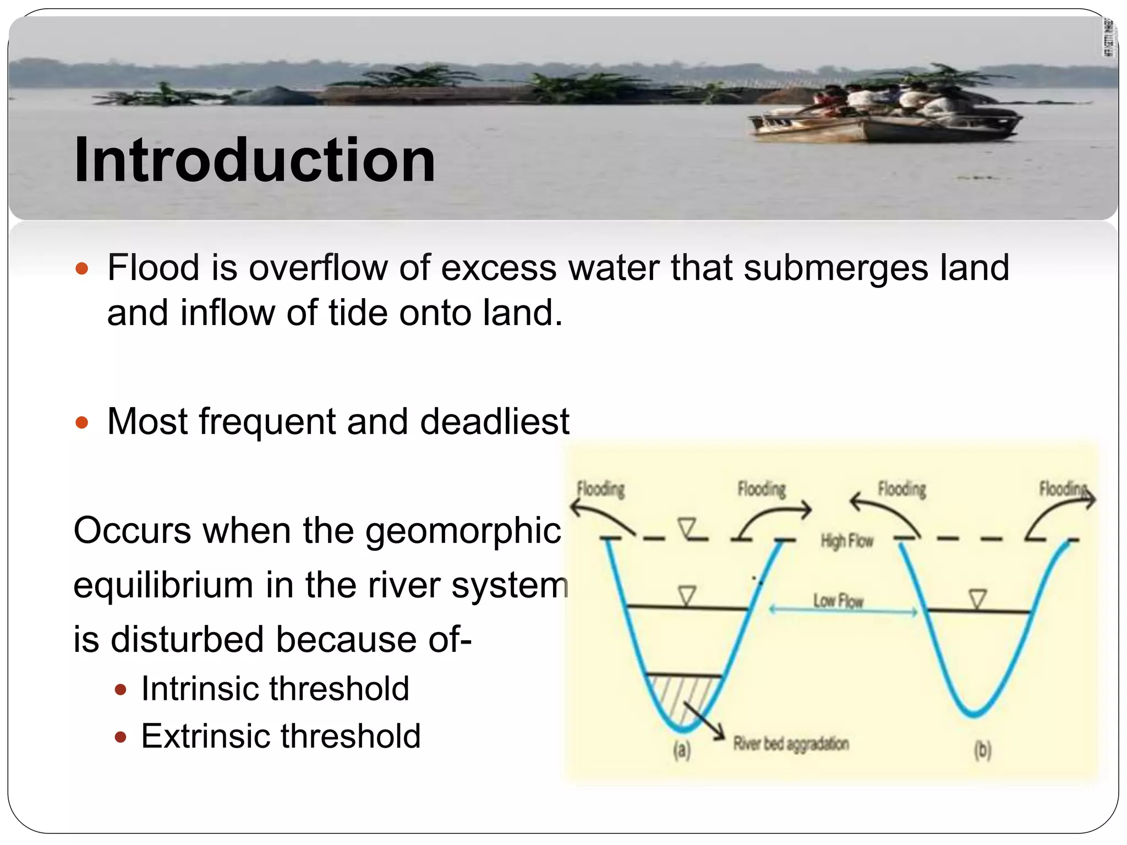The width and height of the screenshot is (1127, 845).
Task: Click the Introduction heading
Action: (x=254, y=160)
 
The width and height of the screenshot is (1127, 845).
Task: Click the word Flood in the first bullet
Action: (x=153, y=268)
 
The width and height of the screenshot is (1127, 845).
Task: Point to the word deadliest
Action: (x=494, y=422)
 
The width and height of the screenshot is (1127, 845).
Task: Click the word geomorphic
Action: (x=463, y=531)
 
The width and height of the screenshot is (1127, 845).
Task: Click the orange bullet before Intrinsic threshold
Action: (x=121, y=690)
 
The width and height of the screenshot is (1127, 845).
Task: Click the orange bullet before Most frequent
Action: (x=82, y=422)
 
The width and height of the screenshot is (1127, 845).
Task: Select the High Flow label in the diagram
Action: (x=846, y=541)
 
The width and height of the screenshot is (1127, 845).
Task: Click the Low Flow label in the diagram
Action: (x=838, y=600)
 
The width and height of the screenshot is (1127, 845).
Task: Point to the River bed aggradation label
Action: (x=790, y=744)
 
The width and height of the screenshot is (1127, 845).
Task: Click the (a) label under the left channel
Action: (x=681, y=750)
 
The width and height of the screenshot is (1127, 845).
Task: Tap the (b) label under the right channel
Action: (x=982, y=750)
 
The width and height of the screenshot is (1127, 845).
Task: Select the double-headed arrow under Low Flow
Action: (x=842, y=610)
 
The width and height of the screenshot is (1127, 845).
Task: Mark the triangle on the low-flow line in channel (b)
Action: (x=977, y=599)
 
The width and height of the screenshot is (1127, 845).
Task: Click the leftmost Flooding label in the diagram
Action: (x=600, y=489)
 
